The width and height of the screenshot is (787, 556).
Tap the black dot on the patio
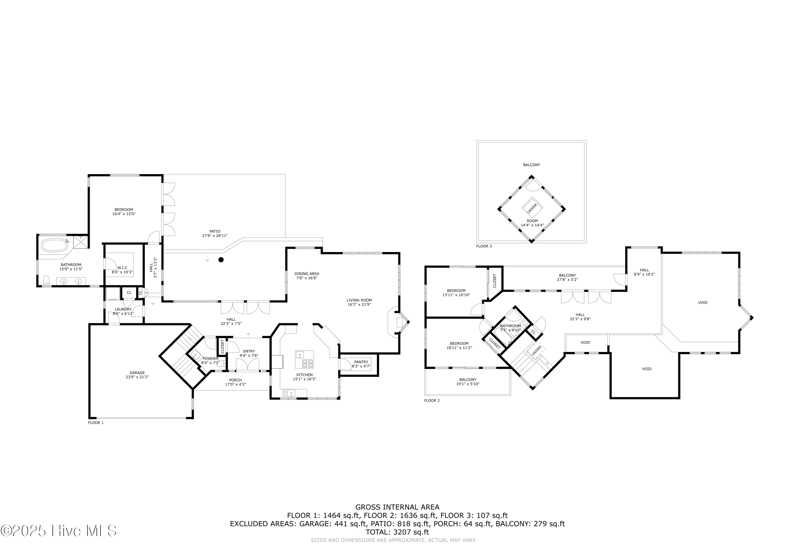(x=221, y=260)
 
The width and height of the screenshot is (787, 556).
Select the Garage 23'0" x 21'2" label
(x=137, y=375)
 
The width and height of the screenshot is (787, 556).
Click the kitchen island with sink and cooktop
(x=304, y=359)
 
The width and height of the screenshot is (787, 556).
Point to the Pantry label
(x=361, y=364)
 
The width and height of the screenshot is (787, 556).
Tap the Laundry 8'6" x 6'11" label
(x=123, y=311)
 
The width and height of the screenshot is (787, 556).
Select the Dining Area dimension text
(x=307, y=278)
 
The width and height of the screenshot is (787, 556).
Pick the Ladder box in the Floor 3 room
(x=532, y=208)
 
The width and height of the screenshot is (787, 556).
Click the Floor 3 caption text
(x=484, y=246)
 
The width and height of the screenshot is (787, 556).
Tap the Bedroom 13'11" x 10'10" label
(x=456, y=293)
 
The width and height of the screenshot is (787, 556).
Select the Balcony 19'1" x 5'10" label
(x=467, y=382)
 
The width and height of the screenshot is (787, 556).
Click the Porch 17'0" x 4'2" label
(x=236, y=382)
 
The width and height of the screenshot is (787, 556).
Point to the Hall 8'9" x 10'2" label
(x=644, y=272)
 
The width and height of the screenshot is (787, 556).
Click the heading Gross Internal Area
(x=397, y=507)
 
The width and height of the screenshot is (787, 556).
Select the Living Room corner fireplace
(x=398, y=322)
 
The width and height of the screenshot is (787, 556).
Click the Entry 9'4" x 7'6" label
(x=249, y=353)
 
